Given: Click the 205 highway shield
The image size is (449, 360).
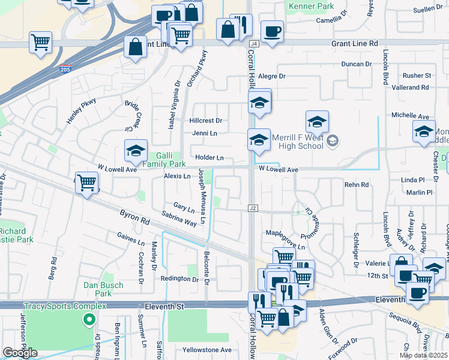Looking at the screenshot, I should click(x=65, y=70).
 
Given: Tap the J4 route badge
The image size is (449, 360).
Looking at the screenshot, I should click(x=254, y=44).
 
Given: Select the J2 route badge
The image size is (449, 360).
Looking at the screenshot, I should click(x=253, y=208).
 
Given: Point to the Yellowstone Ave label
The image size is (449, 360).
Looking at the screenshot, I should click(x=207, y=350).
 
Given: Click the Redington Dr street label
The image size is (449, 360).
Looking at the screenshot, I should click(x=179, y=280).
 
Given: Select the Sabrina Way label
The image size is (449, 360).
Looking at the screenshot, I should click(x=179, y=218).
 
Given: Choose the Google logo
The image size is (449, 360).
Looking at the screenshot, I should click(x=20, y=353).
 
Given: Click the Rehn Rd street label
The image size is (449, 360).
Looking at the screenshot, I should click(x=357, y=185).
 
